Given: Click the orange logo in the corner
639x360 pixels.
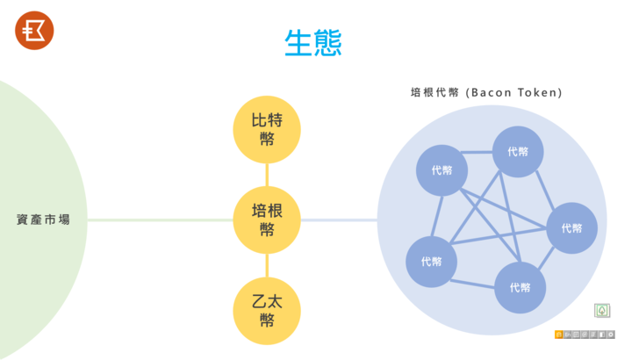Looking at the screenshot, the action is (x=34, y=31).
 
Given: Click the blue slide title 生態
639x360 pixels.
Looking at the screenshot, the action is (x=313, y=43).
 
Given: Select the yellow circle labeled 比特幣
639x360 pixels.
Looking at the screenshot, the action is (x=267, y=130).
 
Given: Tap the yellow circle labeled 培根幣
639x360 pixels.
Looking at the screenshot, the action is (x=267, y=220).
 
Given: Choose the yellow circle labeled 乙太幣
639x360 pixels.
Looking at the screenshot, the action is (x=267, y=311).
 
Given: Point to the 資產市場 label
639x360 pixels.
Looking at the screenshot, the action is (x=43, y=220).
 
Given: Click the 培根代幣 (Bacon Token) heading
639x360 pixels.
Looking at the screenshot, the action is (x=486, y=92).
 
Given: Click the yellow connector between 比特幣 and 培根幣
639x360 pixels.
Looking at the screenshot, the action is (x=267, y=175).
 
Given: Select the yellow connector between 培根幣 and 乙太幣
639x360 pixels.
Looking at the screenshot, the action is (x=267, y=265).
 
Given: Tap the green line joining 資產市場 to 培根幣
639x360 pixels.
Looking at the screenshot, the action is (x=160, y=220).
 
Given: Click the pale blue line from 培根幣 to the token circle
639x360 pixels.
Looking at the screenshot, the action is (x=339, y=220).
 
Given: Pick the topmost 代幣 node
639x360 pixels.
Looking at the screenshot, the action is (x=518, y=152).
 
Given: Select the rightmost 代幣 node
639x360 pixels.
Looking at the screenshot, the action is (x=571, y=228).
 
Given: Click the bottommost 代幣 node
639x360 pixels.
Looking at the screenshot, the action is (x=520, y=287).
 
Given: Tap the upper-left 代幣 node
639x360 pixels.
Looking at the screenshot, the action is (x=442, y=170).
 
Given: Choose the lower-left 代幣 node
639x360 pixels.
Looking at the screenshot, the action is (x=431, y=262).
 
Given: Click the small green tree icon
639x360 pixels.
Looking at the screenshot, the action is (x=602, y=311).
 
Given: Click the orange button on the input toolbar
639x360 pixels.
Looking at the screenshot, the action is (x=558, y=335).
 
